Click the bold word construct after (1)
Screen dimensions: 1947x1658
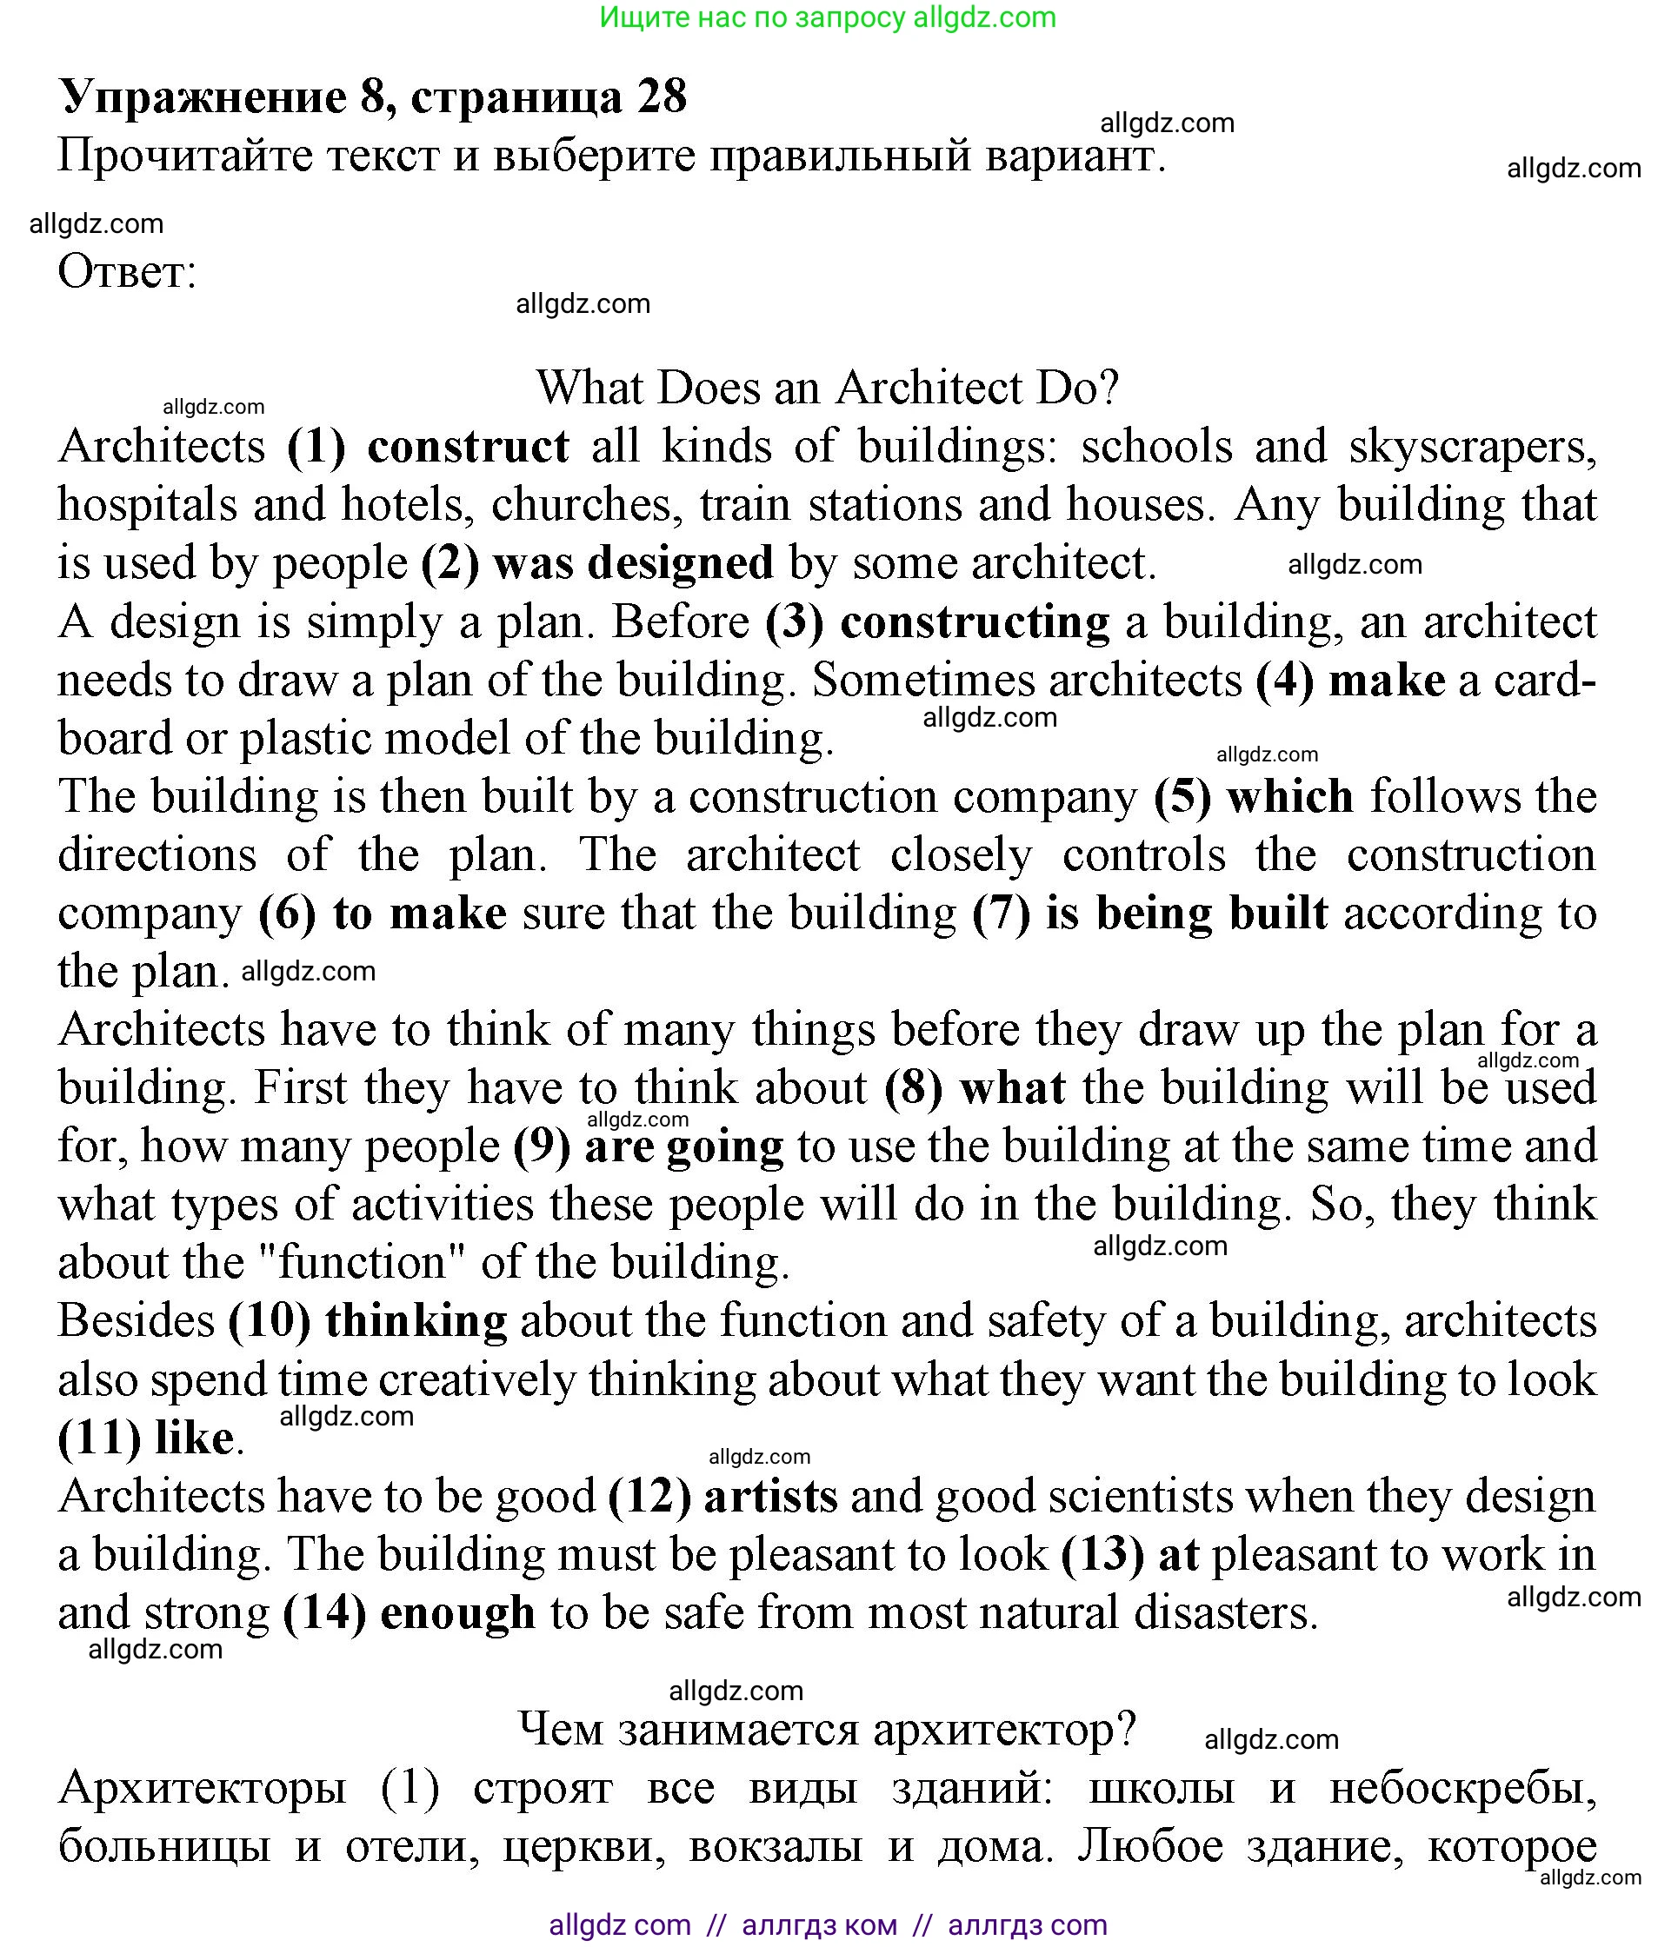(x=467, y=447)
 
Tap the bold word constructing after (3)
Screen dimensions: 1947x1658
(x=974, y=622)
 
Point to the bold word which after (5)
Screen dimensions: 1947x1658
(x=1289, y=797)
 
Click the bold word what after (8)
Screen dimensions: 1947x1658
(x=1012, y=1088)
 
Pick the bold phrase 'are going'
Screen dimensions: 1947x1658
(x=683, y=1146)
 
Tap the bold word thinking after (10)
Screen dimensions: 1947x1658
(x=416, y=1321)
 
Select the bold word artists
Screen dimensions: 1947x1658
(x=769, y=1496)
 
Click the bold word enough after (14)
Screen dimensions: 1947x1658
(x=456, y=1612)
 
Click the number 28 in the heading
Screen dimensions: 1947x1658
(x=662, y=96)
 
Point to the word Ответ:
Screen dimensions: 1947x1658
(x=127, y=273)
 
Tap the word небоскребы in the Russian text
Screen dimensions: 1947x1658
(x=1462, y=1788)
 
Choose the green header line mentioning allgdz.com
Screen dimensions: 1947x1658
(x=827, y=17)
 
